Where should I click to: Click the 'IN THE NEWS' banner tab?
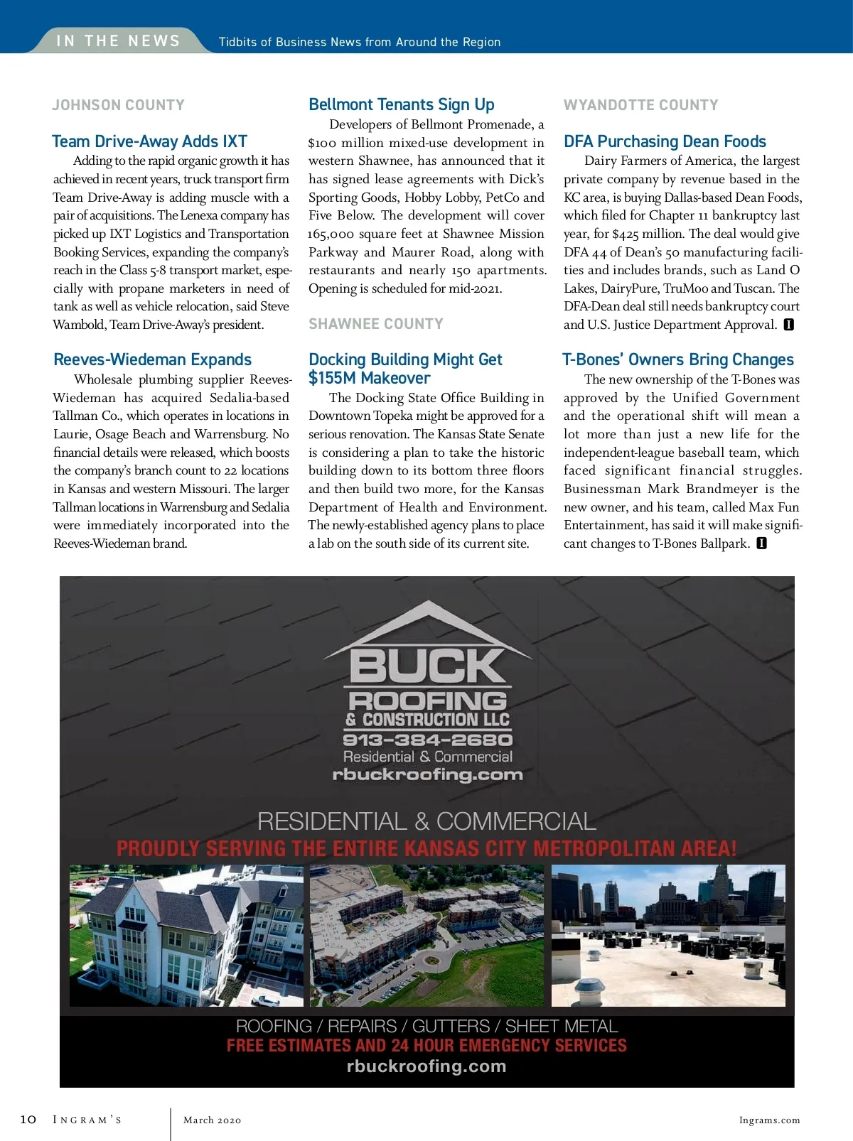point(118,41)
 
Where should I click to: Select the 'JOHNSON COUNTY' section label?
point(118,105)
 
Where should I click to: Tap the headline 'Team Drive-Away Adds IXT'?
point(149,141)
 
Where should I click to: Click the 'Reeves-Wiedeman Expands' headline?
point(152,359)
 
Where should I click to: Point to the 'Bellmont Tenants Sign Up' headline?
point(401,105)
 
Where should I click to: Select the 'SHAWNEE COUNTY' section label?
point(375,324)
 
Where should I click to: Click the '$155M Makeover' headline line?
point(369,378)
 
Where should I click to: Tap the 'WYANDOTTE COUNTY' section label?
point(640,105)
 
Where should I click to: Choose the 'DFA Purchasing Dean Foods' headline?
point(665,141)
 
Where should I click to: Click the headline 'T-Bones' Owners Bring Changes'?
point(678,359)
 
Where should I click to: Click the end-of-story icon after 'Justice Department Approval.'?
point(788,325)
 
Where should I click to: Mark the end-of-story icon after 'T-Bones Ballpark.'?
point(761,544)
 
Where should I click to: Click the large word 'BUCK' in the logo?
point(426,666)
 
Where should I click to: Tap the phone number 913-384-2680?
point(427,740)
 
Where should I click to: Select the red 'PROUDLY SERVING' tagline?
point(426,848)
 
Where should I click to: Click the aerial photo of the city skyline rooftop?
point(668,935)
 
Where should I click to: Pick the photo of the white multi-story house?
point(186,935)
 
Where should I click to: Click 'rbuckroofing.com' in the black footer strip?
point(426,1066)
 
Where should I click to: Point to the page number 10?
point(28,1120)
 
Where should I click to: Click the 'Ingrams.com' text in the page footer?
point(769,1120)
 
